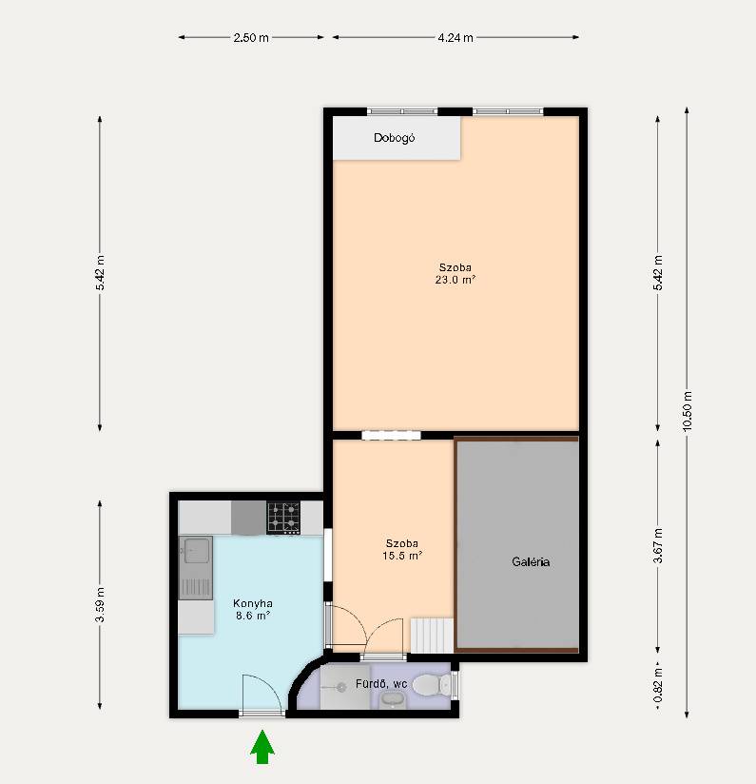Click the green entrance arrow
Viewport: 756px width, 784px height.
coord(262,747)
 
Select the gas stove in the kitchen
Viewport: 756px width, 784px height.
coord(283,518)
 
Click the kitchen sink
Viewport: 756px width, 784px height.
coord(196,567)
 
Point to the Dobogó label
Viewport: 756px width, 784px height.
coord(395,138)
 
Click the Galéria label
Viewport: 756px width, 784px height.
coord(531,561)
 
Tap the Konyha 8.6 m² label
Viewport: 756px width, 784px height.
coord(253,610)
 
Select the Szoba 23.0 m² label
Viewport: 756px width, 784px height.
coord(455,273)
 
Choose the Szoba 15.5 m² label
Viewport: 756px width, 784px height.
coord(402,550)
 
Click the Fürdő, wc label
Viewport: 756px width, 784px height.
coord(381,683)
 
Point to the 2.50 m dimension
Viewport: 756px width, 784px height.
coord(251,37)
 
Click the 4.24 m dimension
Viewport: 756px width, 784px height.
coord(456,37)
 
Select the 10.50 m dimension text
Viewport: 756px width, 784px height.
coord(688,411)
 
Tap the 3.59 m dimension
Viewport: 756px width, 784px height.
coord(100,605)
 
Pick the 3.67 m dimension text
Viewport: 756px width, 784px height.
coord(658,545)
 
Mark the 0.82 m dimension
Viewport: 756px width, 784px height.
coord(658,684)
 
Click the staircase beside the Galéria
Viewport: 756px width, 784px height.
coord(432,636)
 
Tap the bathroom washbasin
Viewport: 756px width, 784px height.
coord(394,699)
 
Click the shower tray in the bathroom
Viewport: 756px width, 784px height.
coord(345,687)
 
